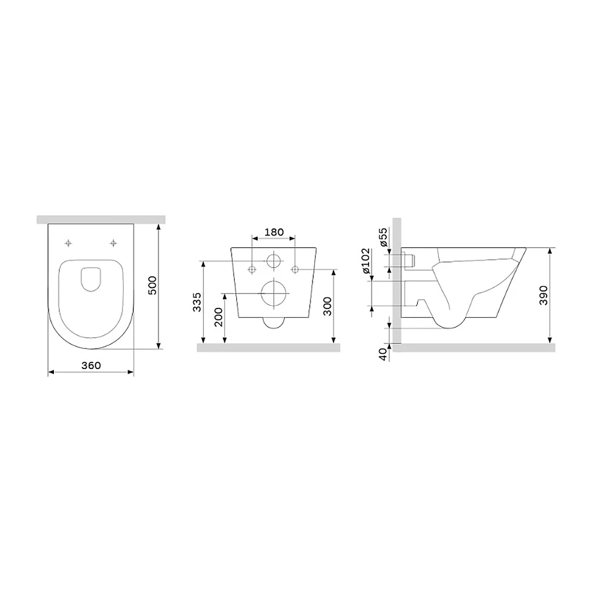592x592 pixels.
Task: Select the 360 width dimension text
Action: pos(91,365)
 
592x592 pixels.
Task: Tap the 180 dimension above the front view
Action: pos(274,232)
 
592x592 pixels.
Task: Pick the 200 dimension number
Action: pos(218,317)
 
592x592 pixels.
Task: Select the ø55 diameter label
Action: pos(383,237)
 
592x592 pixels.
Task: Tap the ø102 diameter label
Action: pos(383,266)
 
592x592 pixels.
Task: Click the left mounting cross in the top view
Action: pos(69,243)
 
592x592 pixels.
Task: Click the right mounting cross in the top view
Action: pos(114,243)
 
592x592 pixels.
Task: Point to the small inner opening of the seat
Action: pos(91,279)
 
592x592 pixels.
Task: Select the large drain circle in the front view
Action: pos(274,293)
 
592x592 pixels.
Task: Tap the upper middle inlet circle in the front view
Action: pos(274,261)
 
